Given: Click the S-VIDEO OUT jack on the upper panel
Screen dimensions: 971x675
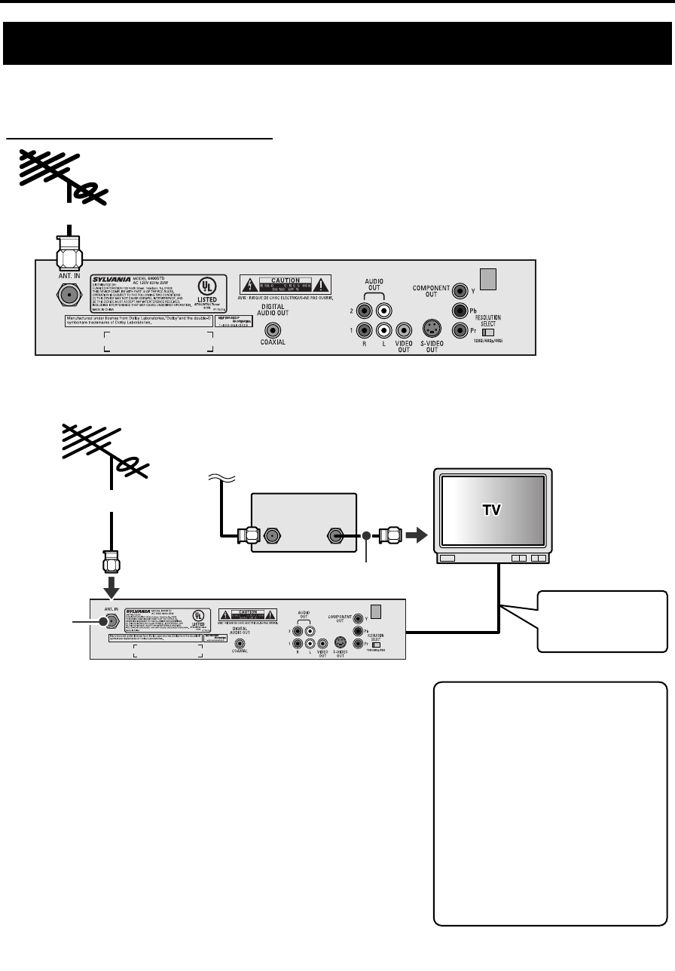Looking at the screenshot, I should click(x=432, y=329).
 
